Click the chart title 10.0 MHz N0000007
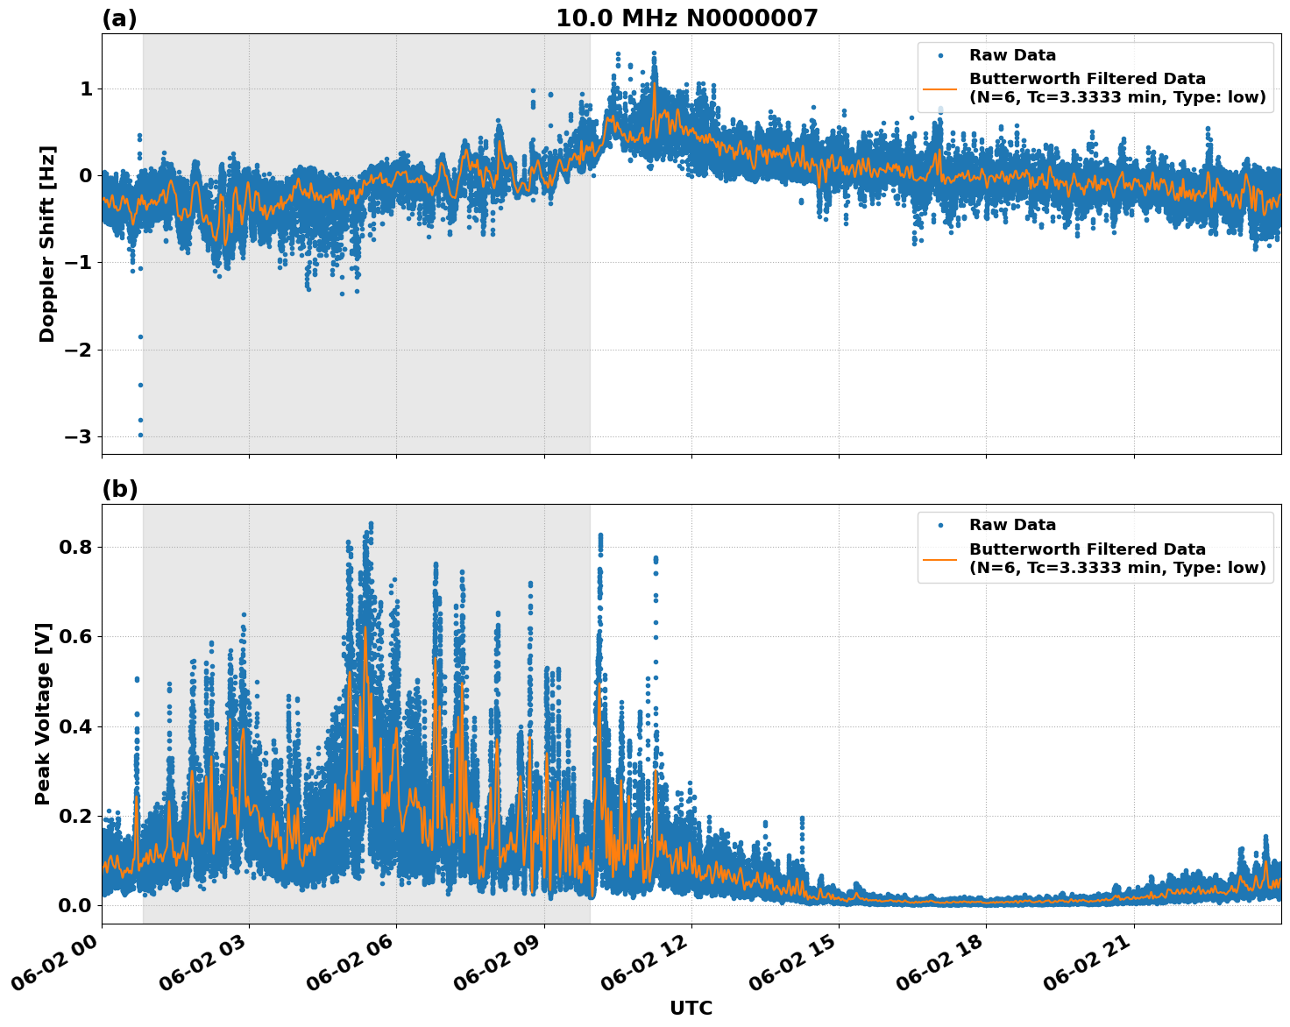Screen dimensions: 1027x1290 (686, 18)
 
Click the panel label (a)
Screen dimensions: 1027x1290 (119, 18)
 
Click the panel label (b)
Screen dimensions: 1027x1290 (120, 489)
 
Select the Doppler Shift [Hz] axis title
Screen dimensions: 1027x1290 (47, 244)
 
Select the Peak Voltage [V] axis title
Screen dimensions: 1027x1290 (43, 713)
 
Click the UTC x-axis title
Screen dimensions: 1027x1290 (691, 1008)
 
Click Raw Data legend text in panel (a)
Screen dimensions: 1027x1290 (1012, 55)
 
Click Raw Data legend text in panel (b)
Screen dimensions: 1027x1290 (1012, 525)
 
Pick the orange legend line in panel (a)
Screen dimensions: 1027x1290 (939, 88)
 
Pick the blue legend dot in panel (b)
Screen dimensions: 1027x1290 (939, 525)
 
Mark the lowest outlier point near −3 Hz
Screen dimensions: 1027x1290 (140, 435)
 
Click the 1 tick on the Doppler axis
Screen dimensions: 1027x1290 (86, 89)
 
